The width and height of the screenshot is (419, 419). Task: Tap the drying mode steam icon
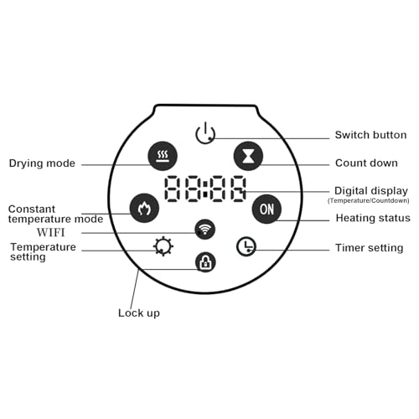163,156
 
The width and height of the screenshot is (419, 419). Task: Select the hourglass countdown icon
248,156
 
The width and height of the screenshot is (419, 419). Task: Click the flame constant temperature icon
144,208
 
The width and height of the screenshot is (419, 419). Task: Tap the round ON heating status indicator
266,209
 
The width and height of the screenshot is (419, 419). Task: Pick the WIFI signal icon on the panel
205,230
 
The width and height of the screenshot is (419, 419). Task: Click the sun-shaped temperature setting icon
163,246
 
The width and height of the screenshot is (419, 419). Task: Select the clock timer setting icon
246,246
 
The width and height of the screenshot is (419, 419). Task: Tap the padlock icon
205,262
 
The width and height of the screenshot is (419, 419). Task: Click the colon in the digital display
205,189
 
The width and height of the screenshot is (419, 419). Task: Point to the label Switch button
370,135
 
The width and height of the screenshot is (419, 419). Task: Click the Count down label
366,163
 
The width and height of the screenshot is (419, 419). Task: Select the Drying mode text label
42,163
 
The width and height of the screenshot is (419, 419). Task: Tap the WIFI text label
50,232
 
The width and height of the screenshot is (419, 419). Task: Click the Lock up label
139,313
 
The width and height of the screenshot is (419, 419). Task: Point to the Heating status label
373,218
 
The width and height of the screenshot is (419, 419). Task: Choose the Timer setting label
369,248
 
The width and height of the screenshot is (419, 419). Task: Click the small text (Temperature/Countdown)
369,200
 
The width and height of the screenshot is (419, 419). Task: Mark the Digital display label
371,191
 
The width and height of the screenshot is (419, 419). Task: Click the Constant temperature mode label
55,214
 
